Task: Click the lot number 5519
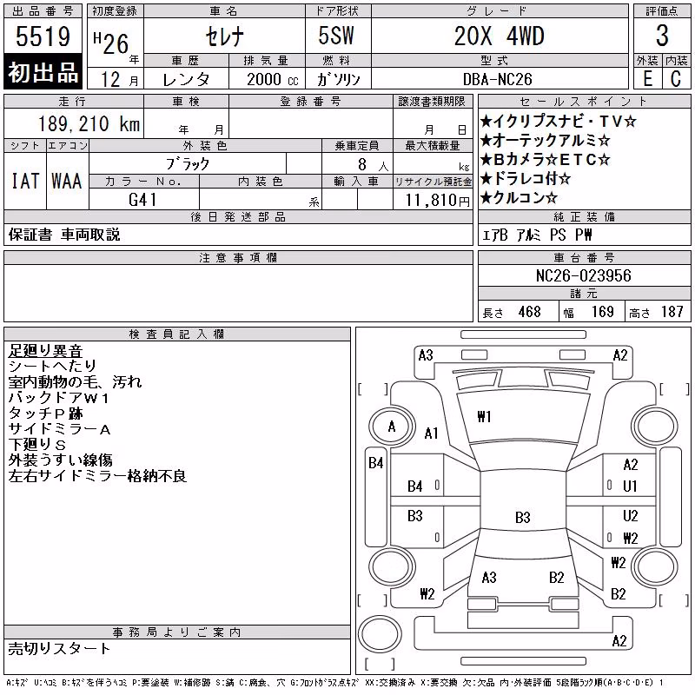coord(43,36)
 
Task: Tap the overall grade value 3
coord(662,36)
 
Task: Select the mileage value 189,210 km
coord(89,123)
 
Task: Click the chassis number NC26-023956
coord(583,275)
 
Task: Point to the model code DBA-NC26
coord(497,79)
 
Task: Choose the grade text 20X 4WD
coord(499,36)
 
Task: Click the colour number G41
coord(142,200)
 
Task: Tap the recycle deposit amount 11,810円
coord(438,201)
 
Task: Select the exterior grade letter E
coord(647,79)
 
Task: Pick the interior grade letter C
coord(676,79)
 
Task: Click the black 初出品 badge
coord(43,72)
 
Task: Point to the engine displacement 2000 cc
coord(272,79)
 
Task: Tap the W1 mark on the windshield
coord(484,417)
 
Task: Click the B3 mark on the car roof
coord(523,517)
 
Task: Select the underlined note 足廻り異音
coord(45,351)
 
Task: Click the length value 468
coord(530,312)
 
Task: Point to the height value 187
coord(672,312)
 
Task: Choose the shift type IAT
coord(25,181)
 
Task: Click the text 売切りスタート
coord(59,648)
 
